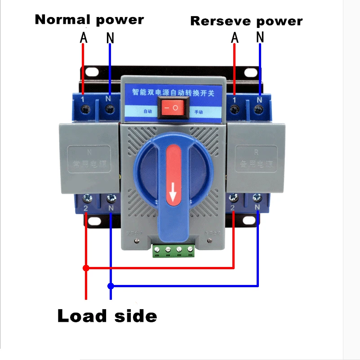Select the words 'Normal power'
tap(89, 20)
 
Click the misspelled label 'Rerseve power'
tap(246, 21)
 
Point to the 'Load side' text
tap(107, 316)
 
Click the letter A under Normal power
tap(84, 38)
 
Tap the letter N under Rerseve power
tap(260, 38)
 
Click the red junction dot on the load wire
tap(86, 268)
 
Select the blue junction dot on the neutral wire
tap(111, 285)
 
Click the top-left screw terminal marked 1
tap(85, 108)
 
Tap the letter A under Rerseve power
tap(234, 38)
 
